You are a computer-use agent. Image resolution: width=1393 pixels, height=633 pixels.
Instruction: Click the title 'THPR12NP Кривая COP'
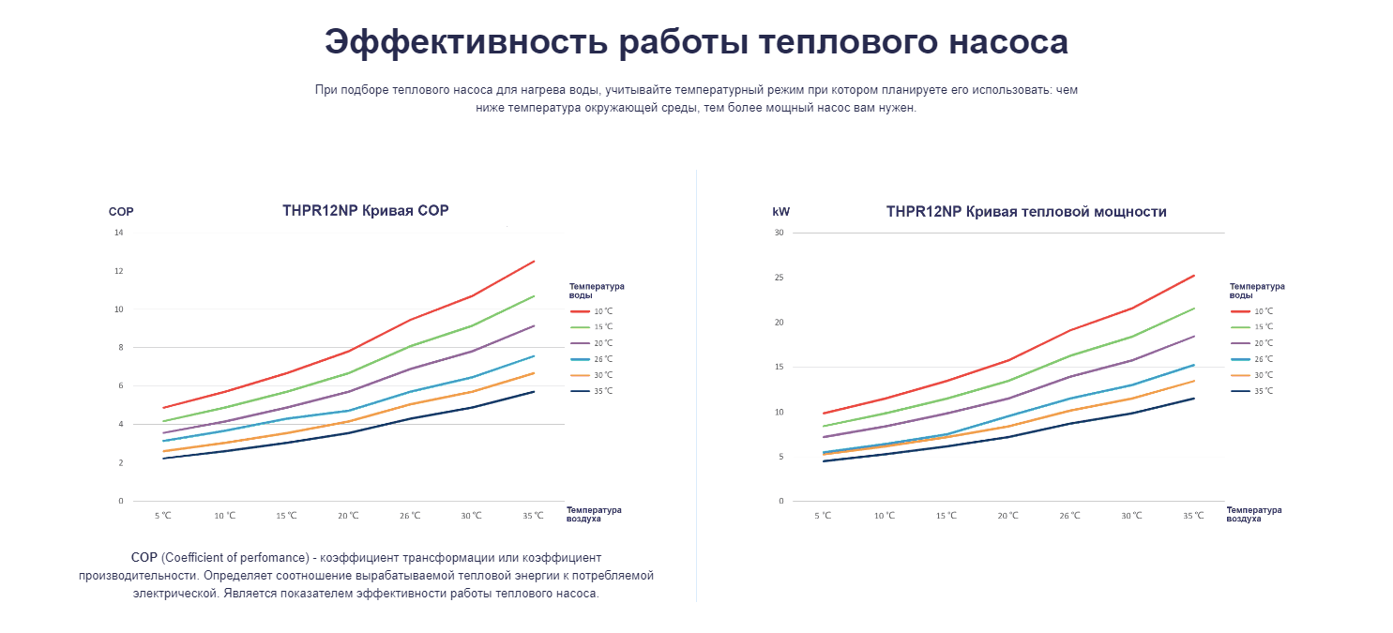[366, 211]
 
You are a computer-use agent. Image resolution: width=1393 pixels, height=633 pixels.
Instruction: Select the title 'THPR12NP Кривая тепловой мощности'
[1026, 212]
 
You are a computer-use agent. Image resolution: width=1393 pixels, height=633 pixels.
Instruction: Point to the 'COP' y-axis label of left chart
[121, 212]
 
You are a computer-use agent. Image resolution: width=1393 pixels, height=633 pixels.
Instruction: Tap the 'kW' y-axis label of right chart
[780, 212]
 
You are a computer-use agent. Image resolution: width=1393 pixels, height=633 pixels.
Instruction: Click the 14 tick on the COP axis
[119, 233]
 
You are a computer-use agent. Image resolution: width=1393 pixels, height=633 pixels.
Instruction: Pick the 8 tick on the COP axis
[120, 347]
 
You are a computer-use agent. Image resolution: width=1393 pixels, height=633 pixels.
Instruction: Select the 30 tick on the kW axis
[779, 233]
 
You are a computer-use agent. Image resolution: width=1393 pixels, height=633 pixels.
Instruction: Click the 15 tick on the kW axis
[779, 367]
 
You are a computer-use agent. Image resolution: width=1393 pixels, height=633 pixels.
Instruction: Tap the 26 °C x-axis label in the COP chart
[410, 516]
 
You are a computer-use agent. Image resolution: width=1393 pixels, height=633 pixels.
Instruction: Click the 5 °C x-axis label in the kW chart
[823, 516]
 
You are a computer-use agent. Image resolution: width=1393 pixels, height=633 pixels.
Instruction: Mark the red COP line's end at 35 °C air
[534, 262]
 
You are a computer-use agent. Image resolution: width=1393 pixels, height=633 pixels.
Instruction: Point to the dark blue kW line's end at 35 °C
[1194, 399]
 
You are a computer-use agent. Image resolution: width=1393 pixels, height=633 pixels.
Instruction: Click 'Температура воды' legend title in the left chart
[597, 291]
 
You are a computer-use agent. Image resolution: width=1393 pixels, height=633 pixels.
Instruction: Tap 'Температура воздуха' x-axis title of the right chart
[1253, 514]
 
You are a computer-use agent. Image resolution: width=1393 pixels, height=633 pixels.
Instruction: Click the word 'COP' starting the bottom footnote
[144, 558]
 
